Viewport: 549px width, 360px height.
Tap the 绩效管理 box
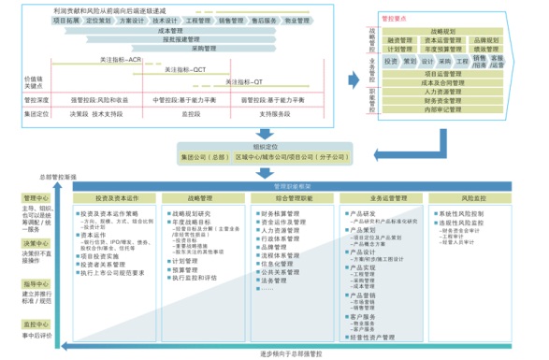pyautogui.click(x=485, y=50)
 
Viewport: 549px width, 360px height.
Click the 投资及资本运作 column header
pyautogui.click(x=117, y=198)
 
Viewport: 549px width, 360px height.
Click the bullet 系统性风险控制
pyautogui.click(x=465, y=213)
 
